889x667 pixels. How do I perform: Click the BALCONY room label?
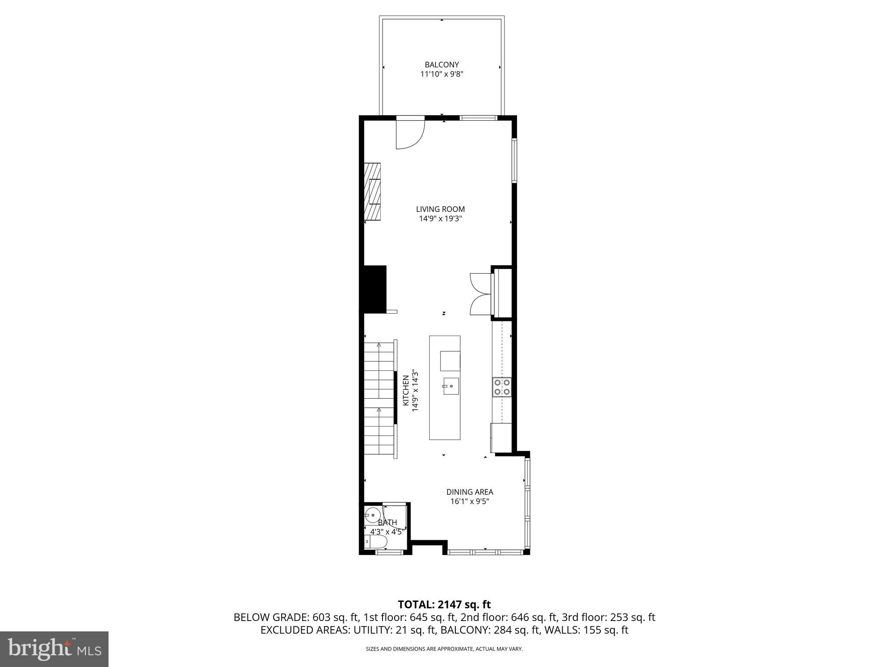[x=441, y=65]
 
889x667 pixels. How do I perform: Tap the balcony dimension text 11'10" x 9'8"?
[x=441, y=74]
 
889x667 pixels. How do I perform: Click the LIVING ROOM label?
[x=440, y=209]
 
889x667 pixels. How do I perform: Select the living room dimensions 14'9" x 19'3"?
[x=440, y=219]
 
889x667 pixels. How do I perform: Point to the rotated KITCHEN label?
[x=405, y=390]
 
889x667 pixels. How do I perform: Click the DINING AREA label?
[x=470, y=492]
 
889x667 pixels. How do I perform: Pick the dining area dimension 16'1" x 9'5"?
[x=470, y=502]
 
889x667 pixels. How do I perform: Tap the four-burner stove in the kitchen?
[x=502, y=387]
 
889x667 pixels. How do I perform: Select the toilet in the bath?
[x=376, y=542]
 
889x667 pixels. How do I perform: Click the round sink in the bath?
[x=372, y=515]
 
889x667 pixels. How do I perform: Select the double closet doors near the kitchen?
[x=480, y=294]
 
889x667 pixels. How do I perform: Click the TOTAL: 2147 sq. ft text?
[x=444, y=604]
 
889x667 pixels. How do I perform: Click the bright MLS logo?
[x=54, y=649]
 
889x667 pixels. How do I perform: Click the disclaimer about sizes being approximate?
[x=444, y=649]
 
